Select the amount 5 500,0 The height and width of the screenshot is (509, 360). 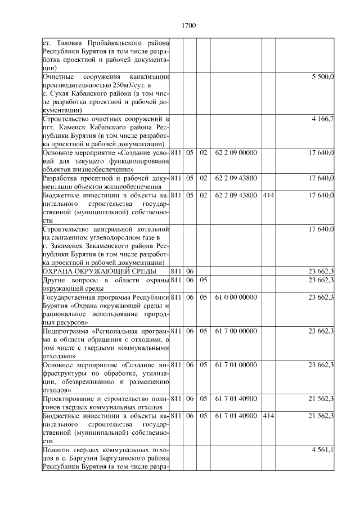coord(322,76)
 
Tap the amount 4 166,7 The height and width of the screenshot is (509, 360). coord(322,119)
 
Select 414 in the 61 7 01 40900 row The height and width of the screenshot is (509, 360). coord(268,416)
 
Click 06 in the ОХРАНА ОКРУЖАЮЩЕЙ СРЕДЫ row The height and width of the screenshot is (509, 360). coord(190,272)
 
